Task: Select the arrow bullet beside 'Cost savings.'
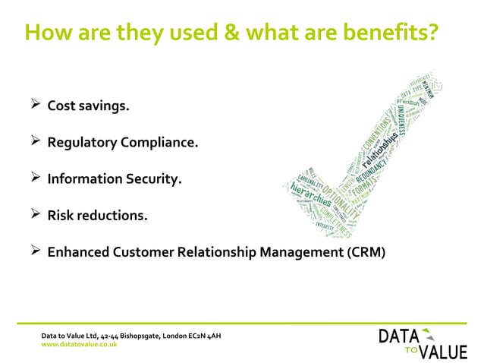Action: [x=33, y=105]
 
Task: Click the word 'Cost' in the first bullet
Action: [x=62, y=106]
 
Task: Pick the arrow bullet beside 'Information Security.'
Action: [x=33, y=178]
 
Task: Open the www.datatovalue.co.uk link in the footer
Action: [x=79, y=344]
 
